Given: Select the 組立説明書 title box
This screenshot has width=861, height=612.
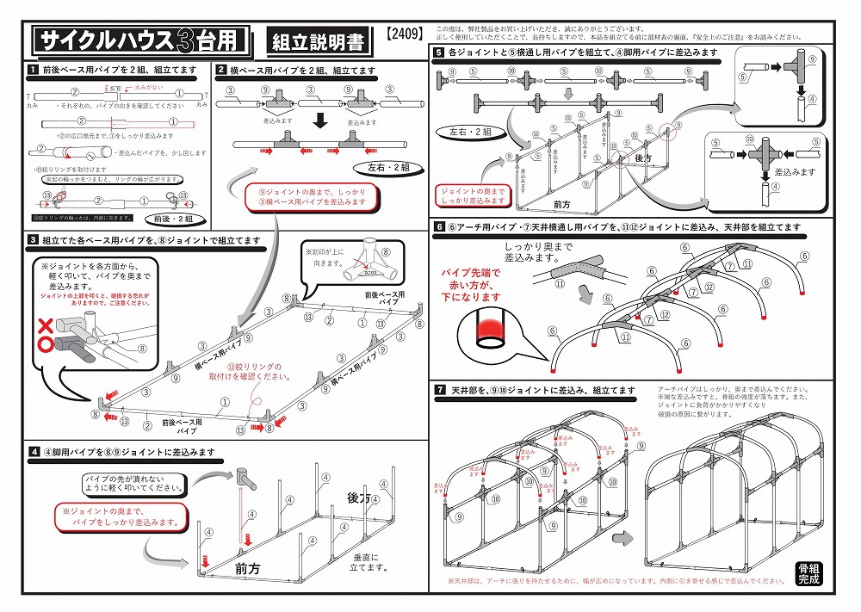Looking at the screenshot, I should pyautogui.click(x=317, y=40).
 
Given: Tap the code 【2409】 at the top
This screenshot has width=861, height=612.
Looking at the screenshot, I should pyautogui.click(x=403, y=35).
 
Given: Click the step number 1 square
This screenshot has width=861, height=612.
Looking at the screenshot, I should pyautogui.click(x=31, y=70).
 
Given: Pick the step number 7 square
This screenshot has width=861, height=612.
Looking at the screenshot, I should pyautogui.click(x=439, y=390).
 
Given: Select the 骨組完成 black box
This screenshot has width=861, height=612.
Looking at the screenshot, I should pyautogui.click(x=808, y=573).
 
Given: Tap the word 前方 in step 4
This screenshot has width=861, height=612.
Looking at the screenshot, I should pyautogui.click(x=249, y=569).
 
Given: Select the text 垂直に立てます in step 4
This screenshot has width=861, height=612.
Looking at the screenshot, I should pyautogui.click(x=364, y=563).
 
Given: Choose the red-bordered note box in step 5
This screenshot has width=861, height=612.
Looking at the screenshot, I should pyautogui.click(x=473, y=195).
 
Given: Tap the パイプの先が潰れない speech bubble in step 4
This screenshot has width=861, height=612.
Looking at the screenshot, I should pyautogui.click(x=133, y=483).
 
